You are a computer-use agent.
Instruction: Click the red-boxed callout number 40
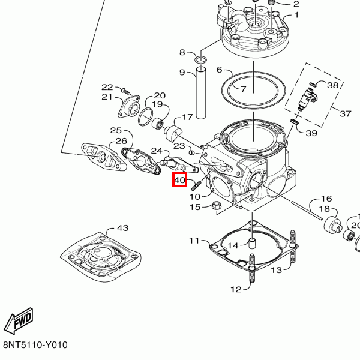(179, 180)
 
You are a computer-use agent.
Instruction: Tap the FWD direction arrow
(19, 321)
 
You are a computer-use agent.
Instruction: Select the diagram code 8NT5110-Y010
(35, 345)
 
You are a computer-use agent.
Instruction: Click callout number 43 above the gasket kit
(122, 228)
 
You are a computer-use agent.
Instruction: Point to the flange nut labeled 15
(215, 205)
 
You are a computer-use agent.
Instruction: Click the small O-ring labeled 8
(200, 60)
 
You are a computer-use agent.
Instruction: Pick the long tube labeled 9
(201, 93)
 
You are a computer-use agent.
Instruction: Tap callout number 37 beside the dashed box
(346, 113)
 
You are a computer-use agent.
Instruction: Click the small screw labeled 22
(125, 91)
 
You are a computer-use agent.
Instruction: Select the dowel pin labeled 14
(253, 244)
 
